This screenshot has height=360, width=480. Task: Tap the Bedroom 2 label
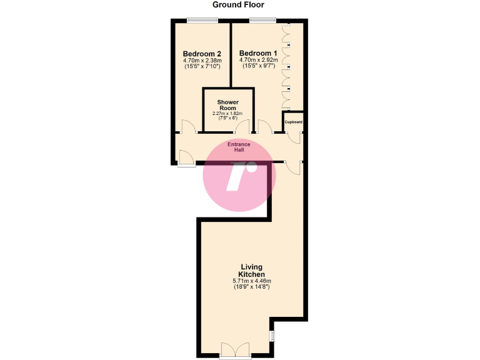pyautogui.click(x=202, y=53)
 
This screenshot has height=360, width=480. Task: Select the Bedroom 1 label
pyautogui.click(x=257, y=53)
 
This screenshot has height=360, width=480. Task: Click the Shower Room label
pyautogui.click(x=228, y=104)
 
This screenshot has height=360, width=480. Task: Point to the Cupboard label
pyautogui.click(x=293, y=121)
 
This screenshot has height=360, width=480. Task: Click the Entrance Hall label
pyautogui.click(x=239, y=147)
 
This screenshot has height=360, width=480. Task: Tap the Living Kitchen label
pyautogui.click(x=252, y=271)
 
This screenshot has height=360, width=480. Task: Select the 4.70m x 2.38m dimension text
pyautogui.click(x=202, y=61)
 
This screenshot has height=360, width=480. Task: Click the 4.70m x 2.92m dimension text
pyautogui.click(x=257, y=61)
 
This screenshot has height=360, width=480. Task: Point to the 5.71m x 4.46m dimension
pyautogui.click(x=252, y=281)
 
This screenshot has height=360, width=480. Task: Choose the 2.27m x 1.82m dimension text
pyautogui.click(x=228, y=113)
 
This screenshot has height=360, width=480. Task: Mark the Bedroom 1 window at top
pyautogui.click(x=263, y=21)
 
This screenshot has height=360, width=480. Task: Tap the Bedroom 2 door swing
pyautogui.click(x=188, y=127)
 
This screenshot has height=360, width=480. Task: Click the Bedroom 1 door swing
pyautogui.click(x=264, y=127)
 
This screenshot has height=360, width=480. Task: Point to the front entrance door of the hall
pyautogui.click(x=186, y=157)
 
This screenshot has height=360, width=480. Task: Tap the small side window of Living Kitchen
pyautogui.click(x=272, y=336)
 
